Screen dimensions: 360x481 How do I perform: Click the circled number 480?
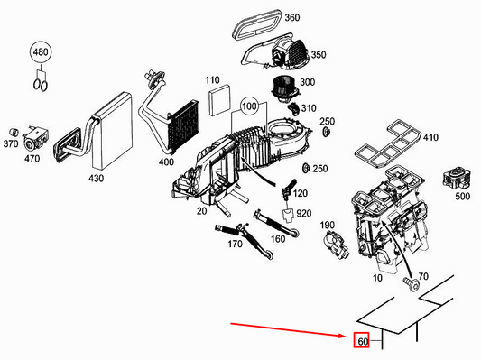click(42, 53)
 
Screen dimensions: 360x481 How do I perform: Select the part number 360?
click(291, 18)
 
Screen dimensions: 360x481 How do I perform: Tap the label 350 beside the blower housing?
click(318, 55)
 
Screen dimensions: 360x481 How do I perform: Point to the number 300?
click(307, 83)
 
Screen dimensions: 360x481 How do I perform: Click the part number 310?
click(308, 109)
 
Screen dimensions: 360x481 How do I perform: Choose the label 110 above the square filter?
click(212, 81)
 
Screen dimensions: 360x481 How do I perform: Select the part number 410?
click(430, 137)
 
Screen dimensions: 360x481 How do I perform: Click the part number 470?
click(32, 159)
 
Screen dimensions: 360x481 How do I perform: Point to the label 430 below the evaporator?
click(96, 178)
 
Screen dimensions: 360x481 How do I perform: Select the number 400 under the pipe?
click(165, 162)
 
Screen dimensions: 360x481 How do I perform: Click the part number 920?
click(303, 213)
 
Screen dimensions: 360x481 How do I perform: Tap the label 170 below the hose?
click(235, 243)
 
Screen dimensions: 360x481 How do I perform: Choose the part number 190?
click(328, 225)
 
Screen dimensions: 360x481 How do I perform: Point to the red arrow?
click(289, 328)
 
